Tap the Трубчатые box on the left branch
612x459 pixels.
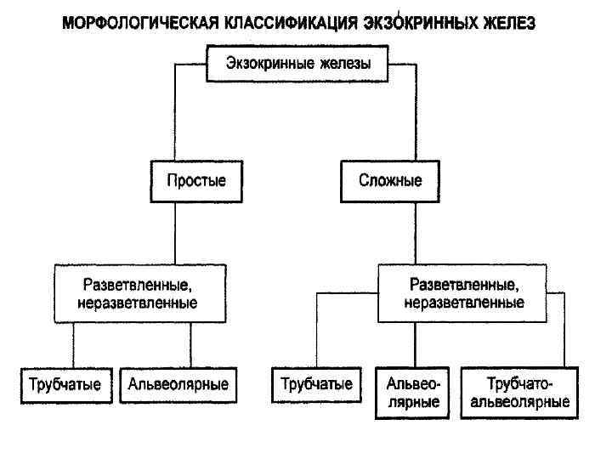pos(65,384)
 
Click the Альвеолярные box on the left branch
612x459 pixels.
pos(178,384)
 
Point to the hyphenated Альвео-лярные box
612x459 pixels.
pos(414,393)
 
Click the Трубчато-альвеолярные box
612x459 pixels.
pos(519,393)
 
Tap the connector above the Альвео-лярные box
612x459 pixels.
pos(414,344)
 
